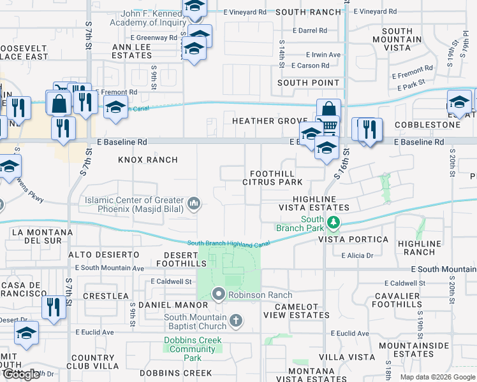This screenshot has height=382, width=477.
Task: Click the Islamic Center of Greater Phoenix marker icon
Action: coord(194,204)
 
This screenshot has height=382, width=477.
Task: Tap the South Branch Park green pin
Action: coord(333,222)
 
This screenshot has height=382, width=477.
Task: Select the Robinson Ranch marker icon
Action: coord(219,295)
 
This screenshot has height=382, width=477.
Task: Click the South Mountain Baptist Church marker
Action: coord(236,320)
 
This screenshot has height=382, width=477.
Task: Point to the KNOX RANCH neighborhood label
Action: coord(148,159)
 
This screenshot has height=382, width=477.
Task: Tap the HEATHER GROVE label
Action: coord(270,121)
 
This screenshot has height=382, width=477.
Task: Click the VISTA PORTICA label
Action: coord(353,239)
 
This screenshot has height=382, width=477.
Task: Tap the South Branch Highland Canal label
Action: coord(228,243)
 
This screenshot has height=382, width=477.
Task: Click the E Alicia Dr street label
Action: coord(360,255)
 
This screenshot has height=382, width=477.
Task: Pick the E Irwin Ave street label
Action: coord(323,55)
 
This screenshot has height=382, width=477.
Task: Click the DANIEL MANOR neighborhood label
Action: coord(165,306)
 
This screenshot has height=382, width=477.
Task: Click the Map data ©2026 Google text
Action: coord(437,377)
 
